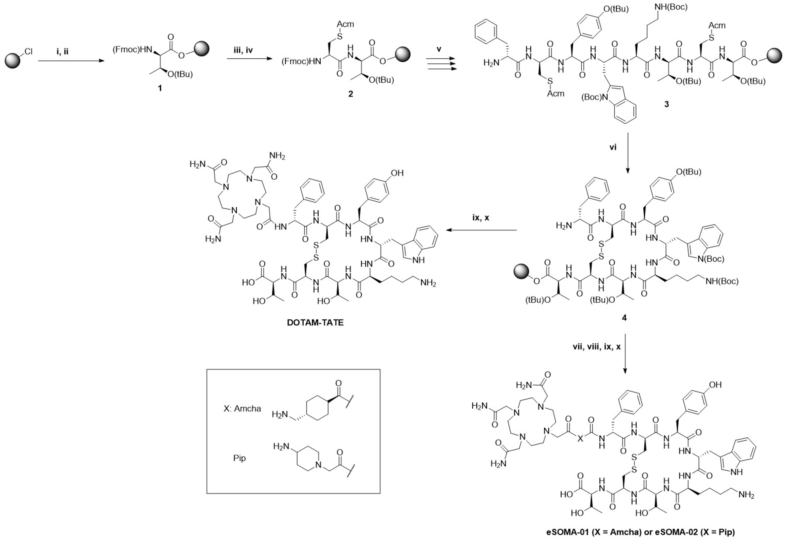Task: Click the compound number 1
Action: coord(159,88)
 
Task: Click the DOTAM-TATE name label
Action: coord(315,322)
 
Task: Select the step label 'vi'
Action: coord(613,147)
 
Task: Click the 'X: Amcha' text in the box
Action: coord(242,409)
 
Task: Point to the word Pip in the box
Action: coord(239,458)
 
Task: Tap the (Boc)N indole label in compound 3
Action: coord(594,97)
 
